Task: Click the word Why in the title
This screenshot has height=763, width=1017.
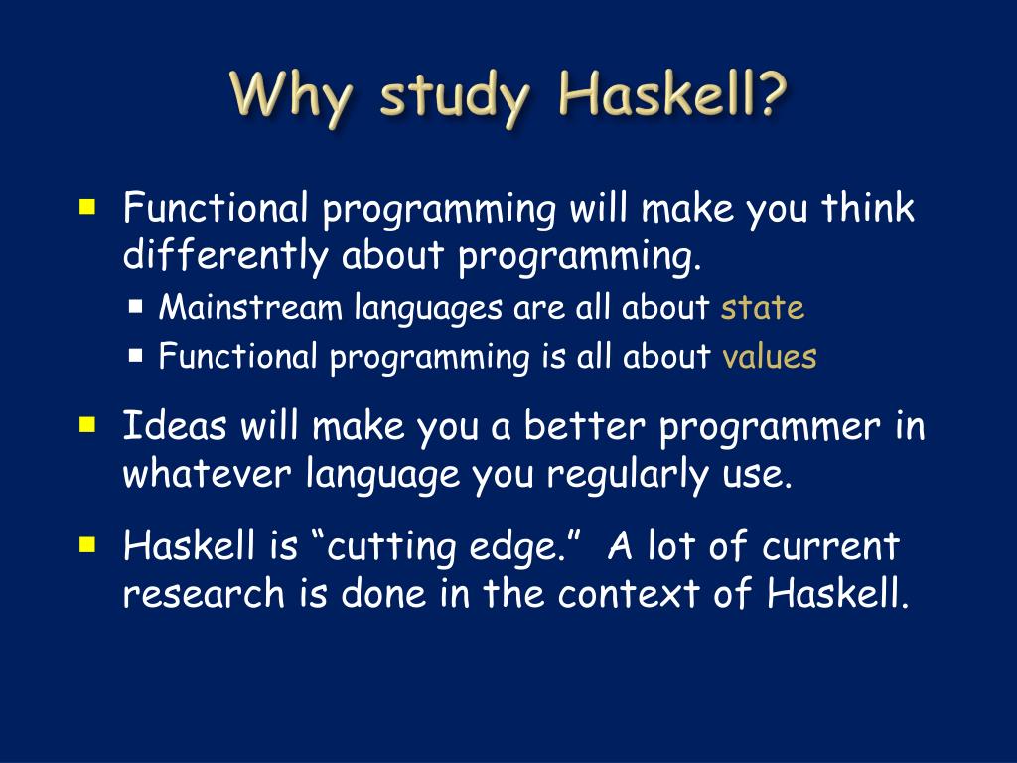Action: coord(291,97)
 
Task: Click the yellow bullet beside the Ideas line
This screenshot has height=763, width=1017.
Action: coord(87,425)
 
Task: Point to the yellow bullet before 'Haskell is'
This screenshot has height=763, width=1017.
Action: coord(87,544)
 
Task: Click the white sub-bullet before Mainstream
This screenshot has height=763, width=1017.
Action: coord(135,306)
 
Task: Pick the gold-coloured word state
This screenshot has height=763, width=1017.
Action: coord(762,308)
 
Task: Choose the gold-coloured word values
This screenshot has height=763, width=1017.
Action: coord(770,357)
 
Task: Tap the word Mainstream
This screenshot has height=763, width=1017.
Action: coord(250,306)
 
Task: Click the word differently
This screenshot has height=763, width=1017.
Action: coord(225,255)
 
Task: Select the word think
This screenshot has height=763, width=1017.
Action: coord(868,208)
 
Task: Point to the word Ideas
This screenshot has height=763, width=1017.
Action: coord(175,426)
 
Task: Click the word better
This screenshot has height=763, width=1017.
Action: coord(585,426)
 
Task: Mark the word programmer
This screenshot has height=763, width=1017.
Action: coord(770,429)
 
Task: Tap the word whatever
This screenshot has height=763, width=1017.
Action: coord(207,473)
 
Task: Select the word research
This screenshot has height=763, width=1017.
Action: coord(204,593)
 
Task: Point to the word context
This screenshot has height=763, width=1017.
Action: coord(629,594)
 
